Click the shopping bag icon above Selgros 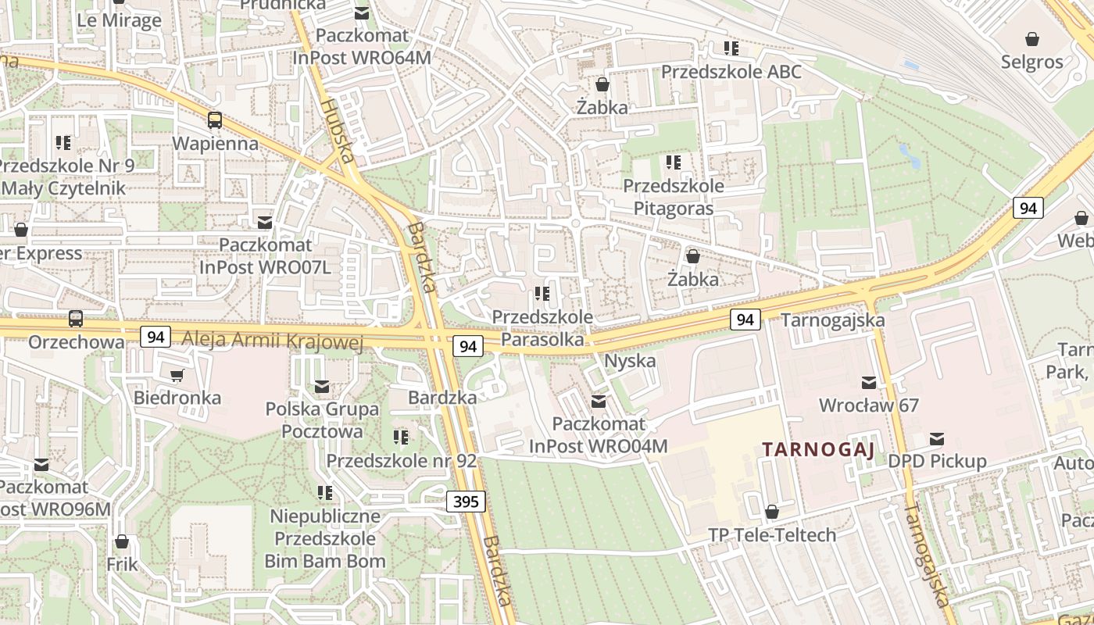tap(1031, 39)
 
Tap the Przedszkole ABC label tap(731, 72)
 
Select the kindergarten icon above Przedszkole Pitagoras tap(673, 162)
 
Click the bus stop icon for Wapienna tap(214, 120)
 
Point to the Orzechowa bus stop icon tap(76, 319)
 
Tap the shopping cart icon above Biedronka tap(177, 375)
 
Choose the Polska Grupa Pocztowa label tap(322, 420)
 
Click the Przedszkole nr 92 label tap(401, 461)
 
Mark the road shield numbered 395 tap(466, 502)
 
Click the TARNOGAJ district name tap(818, 449)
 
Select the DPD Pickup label tap(937, 462)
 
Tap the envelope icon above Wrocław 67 tap(868, 382)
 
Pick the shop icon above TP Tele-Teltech tap(771, 512)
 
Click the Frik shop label tap(122, 564)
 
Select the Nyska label tap(630, 362)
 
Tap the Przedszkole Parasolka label tap(542, 329)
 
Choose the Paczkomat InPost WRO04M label tap(599, 435)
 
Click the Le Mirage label tap(119, 20)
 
